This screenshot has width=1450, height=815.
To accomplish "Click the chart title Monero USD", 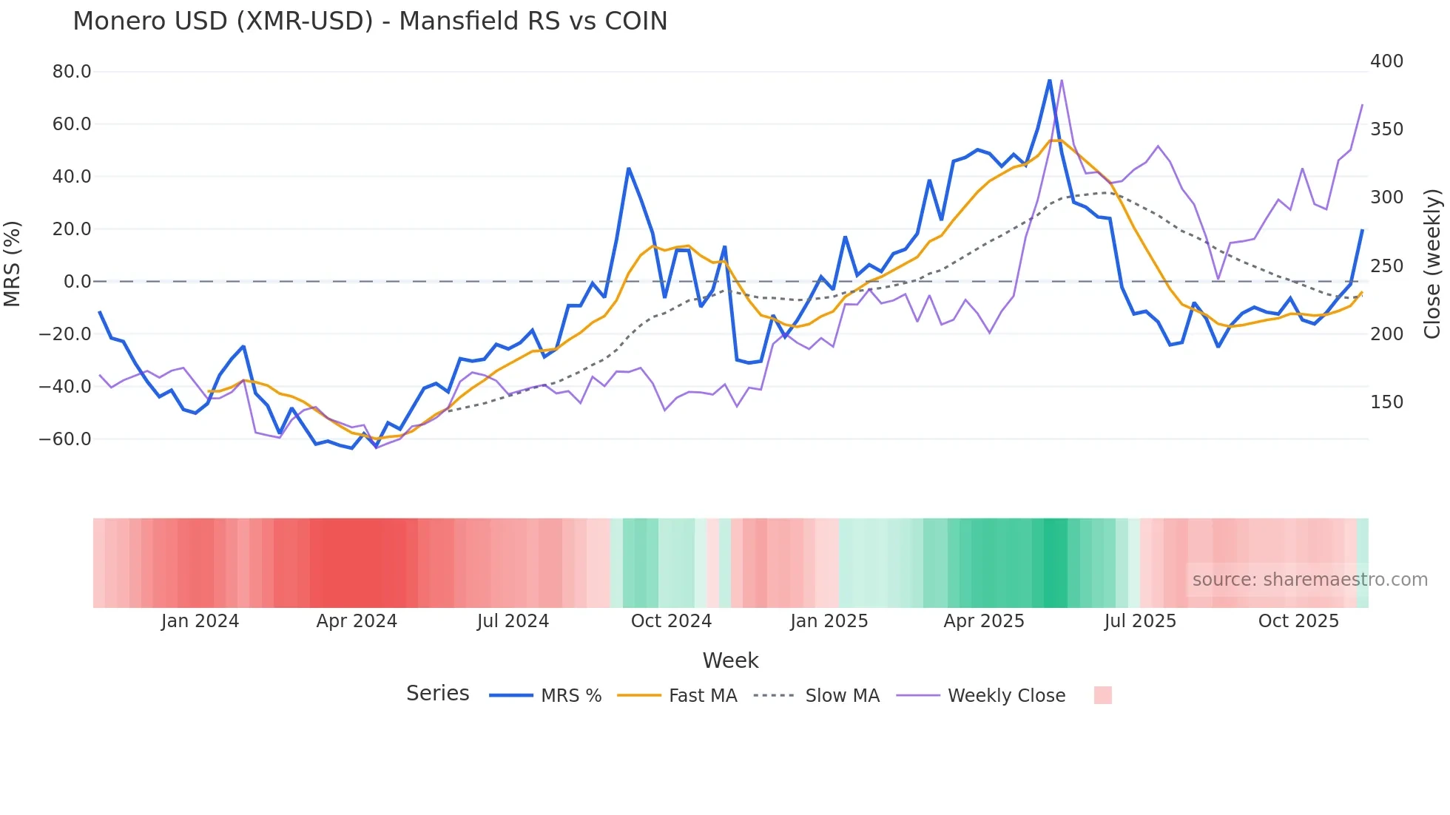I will pyautogui.click(x=370, y=21).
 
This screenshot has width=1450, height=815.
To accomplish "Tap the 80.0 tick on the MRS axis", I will pyautogui.click(x=72, y=72).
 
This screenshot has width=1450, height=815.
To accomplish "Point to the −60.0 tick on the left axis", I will pyautogui.click(x=65, y=439).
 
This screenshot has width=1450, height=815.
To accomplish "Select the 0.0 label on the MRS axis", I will pyautogui.click(x=77, y=282).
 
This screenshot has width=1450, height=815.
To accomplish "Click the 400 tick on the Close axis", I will pyautogui.click(x=1386, y=61).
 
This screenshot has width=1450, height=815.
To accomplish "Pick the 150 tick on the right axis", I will pyautogui.click(x=1386, y=402).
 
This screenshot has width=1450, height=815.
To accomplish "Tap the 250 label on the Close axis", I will pyautogui.click(x=1386, y=266).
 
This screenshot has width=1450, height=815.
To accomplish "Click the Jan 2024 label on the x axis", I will pyautogui.click(x=200, y=621).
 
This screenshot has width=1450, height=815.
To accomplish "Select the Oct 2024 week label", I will pyautogui.click(x=671, y=621).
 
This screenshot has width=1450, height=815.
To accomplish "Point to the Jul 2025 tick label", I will pyautogui.click(x=1140, y=621).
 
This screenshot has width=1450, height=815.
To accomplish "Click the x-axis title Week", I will pyautogui.click(x=730, y=660).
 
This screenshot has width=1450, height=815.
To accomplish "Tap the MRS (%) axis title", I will pyautogui.click(x=13, y=264).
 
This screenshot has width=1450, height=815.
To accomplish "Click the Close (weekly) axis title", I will pyautogui.click(x=1433, y=264).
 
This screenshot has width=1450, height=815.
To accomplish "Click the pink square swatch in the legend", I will pyautogui.click(x=1102, y=695).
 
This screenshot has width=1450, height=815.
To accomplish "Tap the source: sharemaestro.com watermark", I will pyautogui.click(x=1309, y=580).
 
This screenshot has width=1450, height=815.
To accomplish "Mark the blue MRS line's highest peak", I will pyautogui.click(x=1049, y=80).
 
